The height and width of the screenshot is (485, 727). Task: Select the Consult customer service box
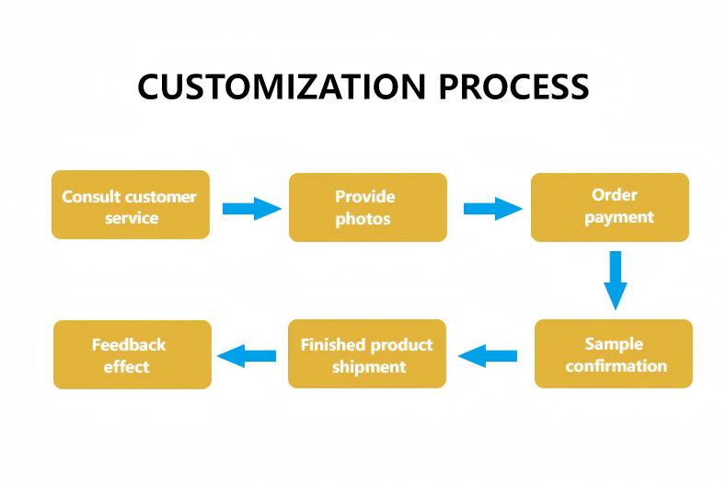130,205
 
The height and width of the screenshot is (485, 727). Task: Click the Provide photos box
367,208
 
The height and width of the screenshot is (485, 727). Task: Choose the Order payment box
609,207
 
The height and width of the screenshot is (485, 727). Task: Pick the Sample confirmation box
613,353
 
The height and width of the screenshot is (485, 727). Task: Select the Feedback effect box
133,354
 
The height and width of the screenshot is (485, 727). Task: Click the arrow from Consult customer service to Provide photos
251,208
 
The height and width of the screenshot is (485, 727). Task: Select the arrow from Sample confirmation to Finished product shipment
488,354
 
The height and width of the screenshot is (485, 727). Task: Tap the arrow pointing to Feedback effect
246,354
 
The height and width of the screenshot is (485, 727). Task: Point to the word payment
618,218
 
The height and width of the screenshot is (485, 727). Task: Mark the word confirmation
616,365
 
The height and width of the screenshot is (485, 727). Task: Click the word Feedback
129,344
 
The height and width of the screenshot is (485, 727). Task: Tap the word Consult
91,196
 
